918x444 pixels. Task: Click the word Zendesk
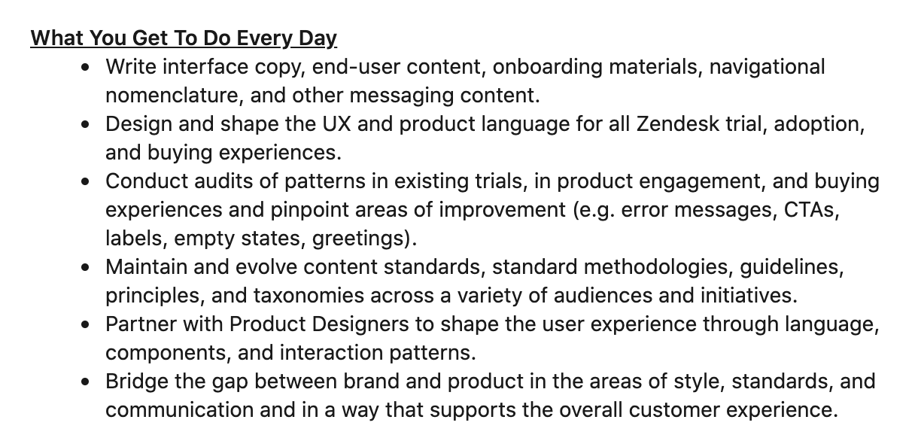coord(677,124)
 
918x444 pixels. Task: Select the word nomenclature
coord(172,96)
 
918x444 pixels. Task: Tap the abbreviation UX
coord(336,124)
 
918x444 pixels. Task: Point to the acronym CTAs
coord(809,210)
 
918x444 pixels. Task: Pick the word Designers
coord(360,324)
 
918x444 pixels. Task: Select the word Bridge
coord(137,382)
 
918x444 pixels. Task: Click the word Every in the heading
coord(264,38)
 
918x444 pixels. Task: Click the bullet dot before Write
coord(85,68)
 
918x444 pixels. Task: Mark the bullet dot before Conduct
coord(85,181)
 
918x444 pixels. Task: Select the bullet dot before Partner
coord(85,324)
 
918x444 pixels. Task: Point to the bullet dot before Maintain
coord(85,267)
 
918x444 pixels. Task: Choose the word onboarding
coord(547,67)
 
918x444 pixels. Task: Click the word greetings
coord(358,239)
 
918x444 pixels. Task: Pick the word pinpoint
coord(309,210)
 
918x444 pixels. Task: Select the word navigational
coord(767,67)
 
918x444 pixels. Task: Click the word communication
coord(180,410)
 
